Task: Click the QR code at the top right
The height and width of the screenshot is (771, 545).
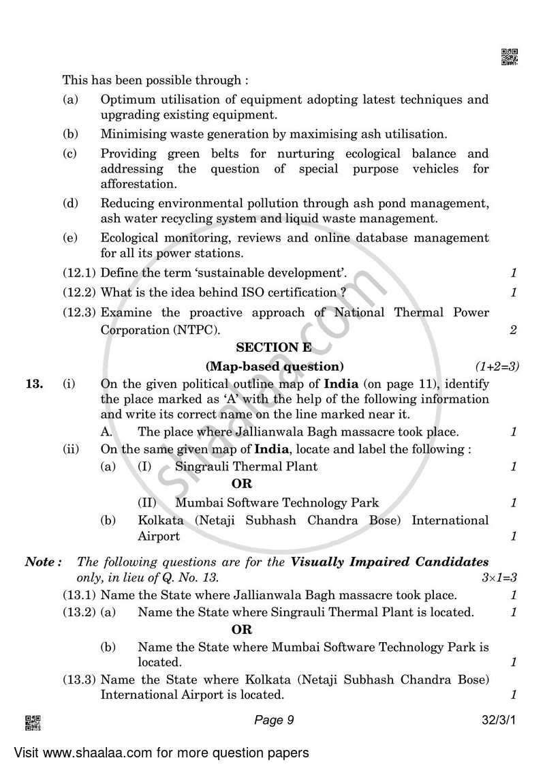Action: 509,57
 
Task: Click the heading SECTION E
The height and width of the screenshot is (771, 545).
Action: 273,347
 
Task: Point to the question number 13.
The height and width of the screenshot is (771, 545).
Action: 33,384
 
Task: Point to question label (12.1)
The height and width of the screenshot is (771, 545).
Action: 80,273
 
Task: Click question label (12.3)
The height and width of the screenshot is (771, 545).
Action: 80,312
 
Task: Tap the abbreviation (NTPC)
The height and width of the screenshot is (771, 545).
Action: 198,330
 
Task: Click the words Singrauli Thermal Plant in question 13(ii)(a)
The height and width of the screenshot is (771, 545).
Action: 246,466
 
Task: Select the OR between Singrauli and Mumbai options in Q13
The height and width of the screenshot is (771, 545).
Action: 242,484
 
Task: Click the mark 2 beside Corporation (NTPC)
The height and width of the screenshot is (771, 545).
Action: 513,330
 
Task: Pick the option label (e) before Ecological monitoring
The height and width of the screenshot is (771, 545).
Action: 69,238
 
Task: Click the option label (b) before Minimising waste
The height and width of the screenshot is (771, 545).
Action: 69,134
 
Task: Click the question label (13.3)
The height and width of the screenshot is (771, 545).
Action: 80,679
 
